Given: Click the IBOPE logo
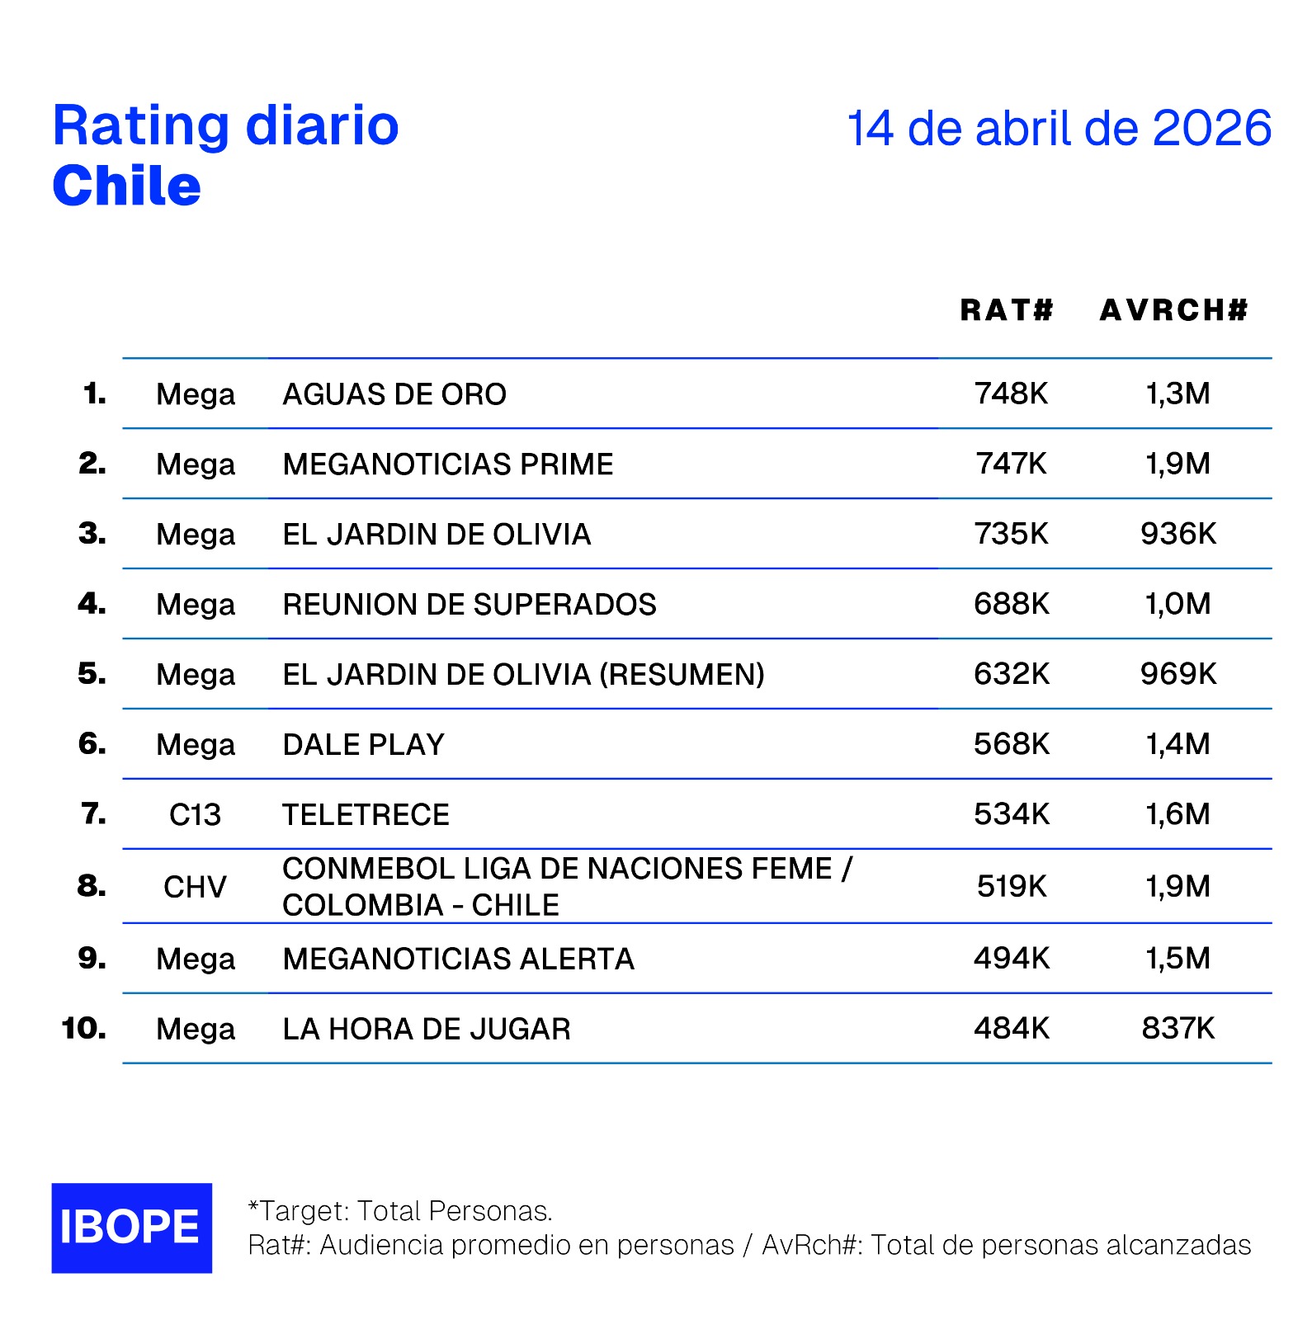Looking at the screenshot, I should coord(131,1227).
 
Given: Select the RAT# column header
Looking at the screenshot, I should coord(1007,310).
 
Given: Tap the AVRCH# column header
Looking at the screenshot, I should coord(1173,310).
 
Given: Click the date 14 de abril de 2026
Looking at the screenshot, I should coord(1059,129).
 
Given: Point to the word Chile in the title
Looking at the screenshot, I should coord(126,186).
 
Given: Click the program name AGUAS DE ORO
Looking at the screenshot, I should coord(394,394).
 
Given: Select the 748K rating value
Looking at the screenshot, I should coord(1011,394).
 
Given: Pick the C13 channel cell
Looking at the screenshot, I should coord(195,815).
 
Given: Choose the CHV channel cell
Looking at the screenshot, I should coord(195,887).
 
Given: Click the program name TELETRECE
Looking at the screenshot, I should coord(366,815).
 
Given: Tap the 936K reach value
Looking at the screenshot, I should coord(1177,534).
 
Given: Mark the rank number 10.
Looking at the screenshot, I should coord(83,1028).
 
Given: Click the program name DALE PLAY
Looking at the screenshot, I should coord(363,745).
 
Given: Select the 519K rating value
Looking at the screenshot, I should coord(1011,886).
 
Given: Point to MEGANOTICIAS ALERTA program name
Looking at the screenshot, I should coord(458,959).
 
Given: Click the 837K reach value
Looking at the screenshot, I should coord(1177,1028).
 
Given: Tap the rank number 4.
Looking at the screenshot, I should coord(92,604).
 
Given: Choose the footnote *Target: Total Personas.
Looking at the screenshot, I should coord(400,1210).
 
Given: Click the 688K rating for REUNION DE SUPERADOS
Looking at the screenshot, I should coord(1011,604).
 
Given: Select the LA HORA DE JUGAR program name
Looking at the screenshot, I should coord(426,1029).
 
